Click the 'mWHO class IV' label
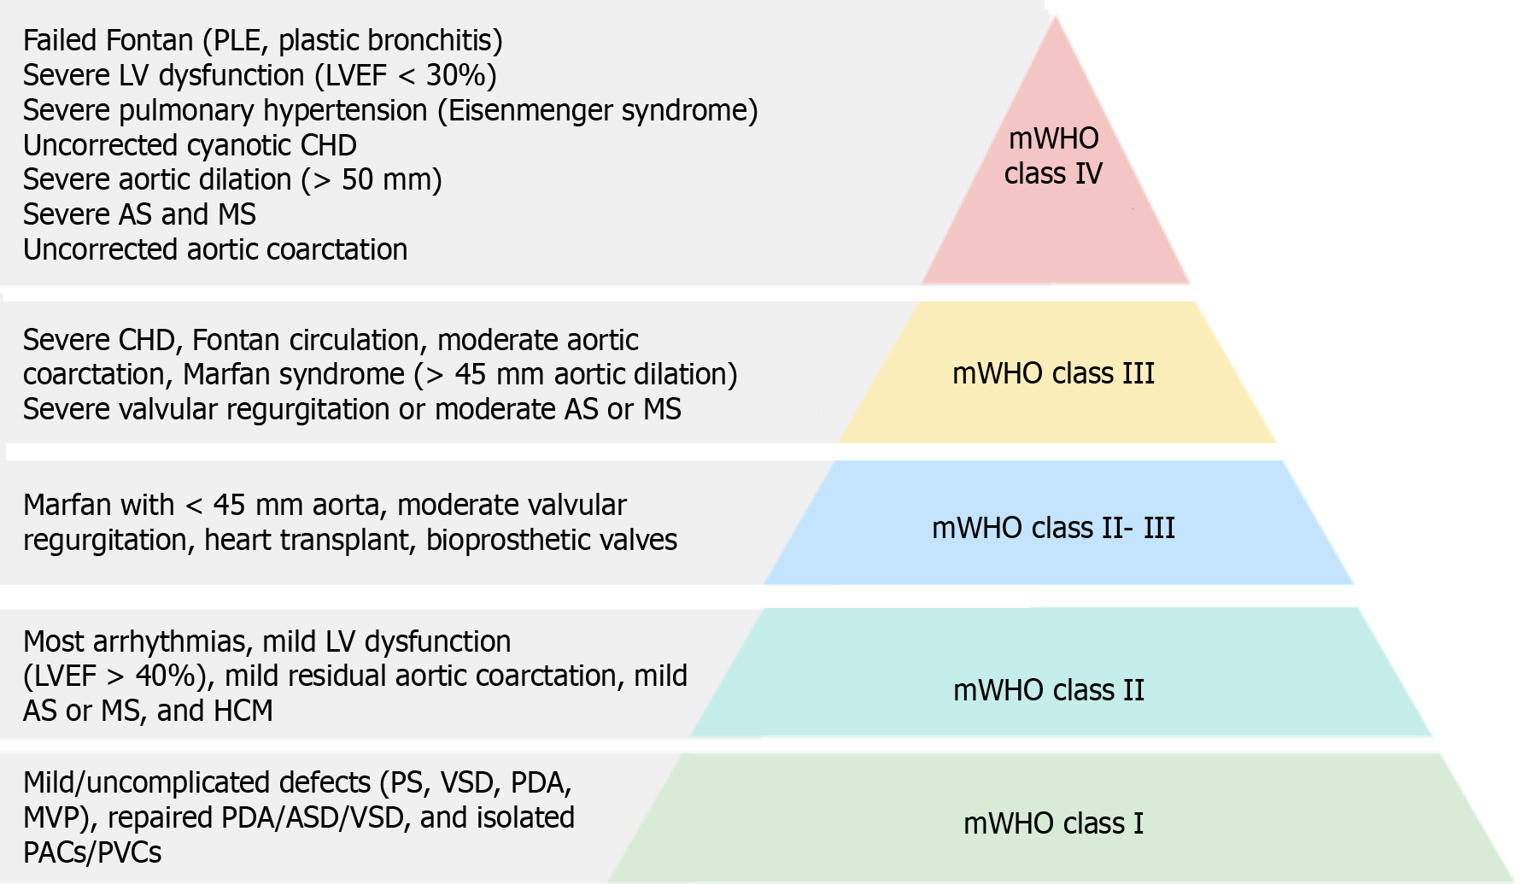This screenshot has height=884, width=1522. pyautogui.click(x=1053, y=155)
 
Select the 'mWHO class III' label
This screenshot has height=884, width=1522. pyautogui.click(x=1053, y=373)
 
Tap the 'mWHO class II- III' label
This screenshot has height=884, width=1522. pyautogui.click(x=1053, y=528)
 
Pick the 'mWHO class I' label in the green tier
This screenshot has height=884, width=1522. pyautogui.click(x=1053, y=823)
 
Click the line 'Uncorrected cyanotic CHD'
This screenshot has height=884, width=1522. pyautogui.click(x=190, y=145)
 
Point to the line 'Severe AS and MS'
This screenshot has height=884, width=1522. pyautogui.click(x=139, y=214)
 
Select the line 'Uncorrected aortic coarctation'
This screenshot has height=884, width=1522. pyautogui.click(x=215, y=249)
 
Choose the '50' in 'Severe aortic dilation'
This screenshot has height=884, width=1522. pyautogui.click(x=359, y=180)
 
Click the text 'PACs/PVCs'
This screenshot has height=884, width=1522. pyautogui.click(x=92, y=852)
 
